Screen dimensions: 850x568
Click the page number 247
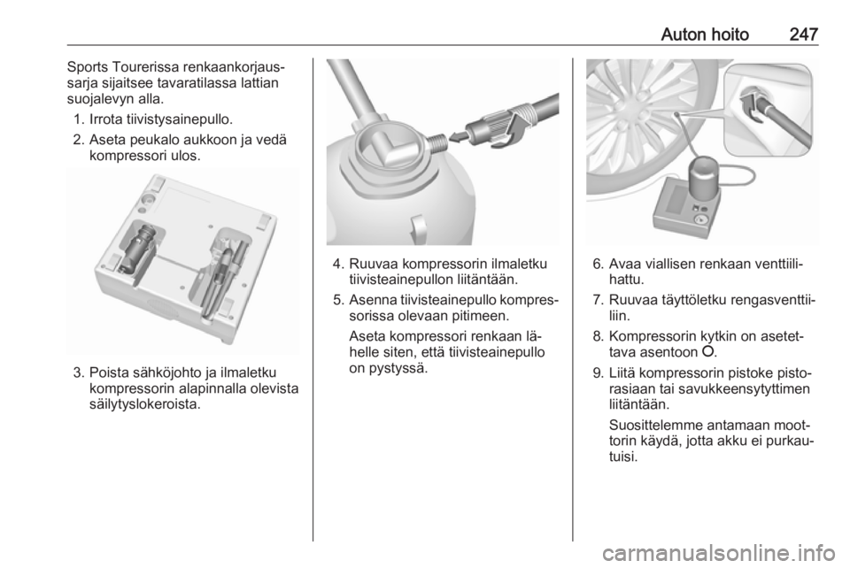point(803,35)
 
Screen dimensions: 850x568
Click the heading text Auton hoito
point(705,35)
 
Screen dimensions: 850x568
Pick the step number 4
point(339,265)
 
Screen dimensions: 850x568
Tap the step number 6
point(599,265)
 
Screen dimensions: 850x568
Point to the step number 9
point(599,373)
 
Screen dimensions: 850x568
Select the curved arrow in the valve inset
point(751,104)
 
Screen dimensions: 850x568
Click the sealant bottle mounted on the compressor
point(704,178)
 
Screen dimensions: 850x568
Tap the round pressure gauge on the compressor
point(700,219)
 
